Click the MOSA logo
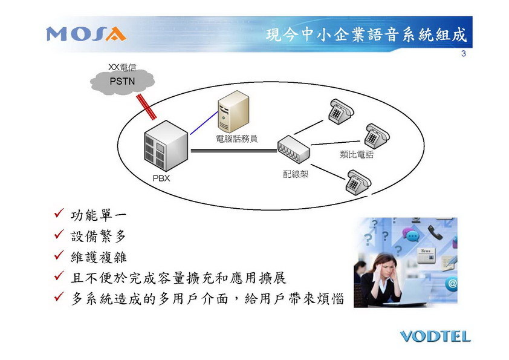(x=86, y=34)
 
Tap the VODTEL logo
(x=435, y=336)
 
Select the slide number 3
(x=463, y=54)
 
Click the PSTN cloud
(x=122, y=81)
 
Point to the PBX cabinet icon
(x=166, y=146)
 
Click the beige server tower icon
(x=233, y=111)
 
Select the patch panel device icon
(x=293, y=149)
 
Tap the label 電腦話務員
(x=236, y=139)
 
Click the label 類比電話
(x=357, y=154)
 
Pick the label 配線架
(x=296, y=174)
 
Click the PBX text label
(x=161, y=178)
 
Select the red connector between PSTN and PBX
(x=146, y=107)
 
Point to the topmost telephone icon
(x=341, y=111)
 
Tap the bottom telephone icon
(x=358, y=182)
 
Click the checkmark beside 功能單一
(x=59, y=213)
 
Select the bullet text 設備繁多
(x=98, y=236)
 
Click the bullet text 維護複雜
(x=99, y=257)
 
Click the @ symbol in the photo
(x=452, y=284)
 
